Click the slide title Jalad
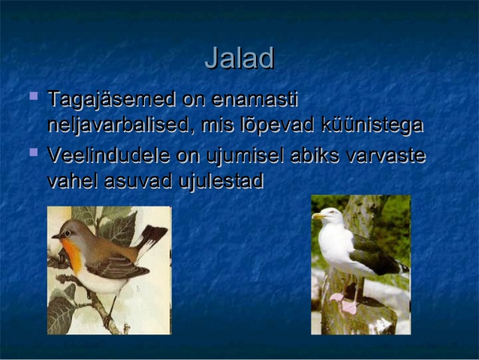[239, 58]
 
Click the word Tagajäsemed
[112, 100]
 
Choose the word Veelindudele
[109, 155]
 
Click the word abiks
[315, 155]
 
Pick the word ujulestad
[221, 181]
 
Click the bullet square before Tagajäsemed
[34, 96]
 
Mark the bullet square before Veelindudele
[34, 152]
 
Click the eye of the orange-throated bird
[68, 233]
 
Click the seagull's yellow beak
[318, 216]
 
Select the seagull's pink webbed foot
[349, 307]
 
